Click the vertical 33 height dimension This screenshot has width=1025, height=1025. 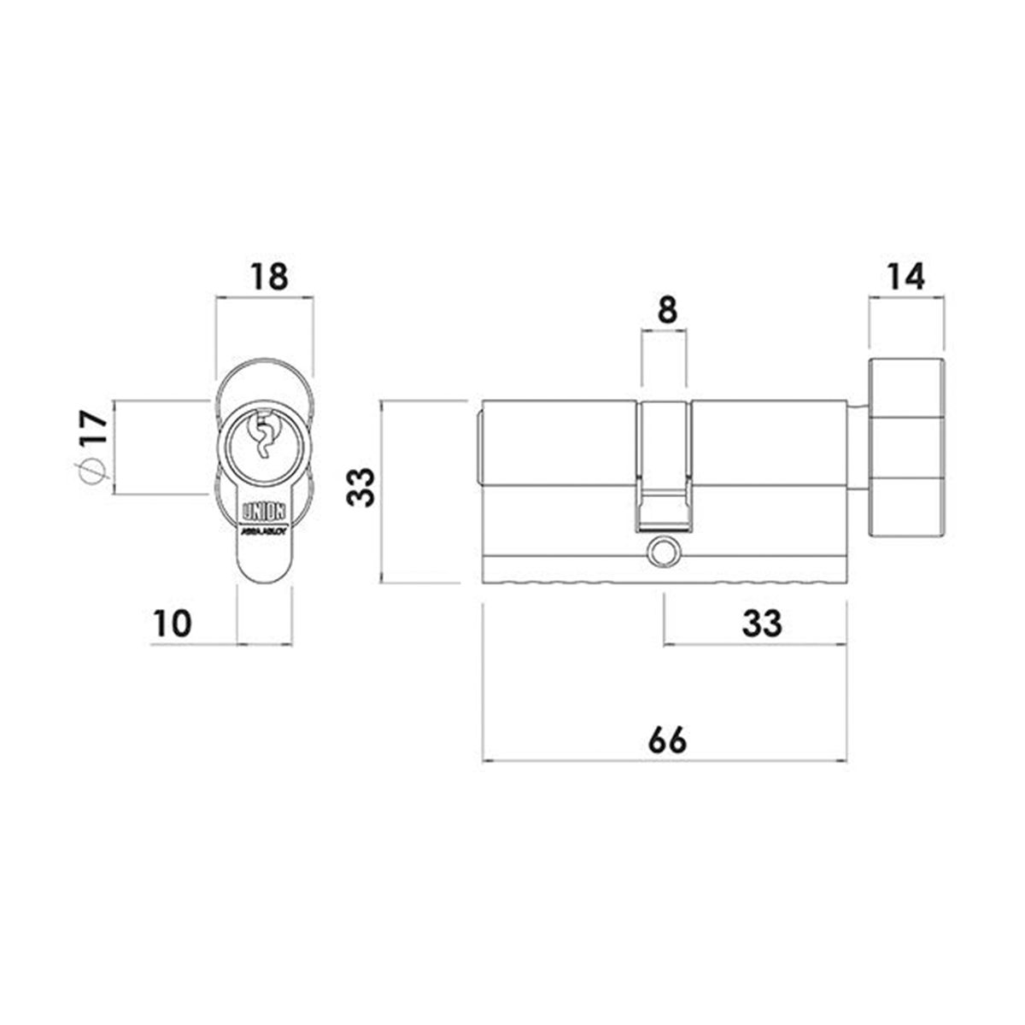tap(365, 488)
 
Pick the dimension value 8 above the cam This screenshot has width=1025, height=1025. tap(667, 310)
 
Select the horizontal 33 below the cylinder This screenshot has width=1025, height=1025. tap(761, 624)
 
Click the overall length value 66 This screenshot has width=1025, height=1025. tap(666, 741)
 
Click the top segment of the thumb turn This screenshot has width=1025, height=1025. tap(906, 389)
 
